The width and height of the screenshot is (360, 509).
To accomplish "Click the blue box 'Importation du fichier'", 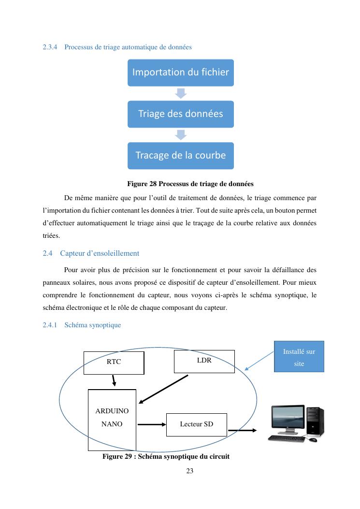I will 180,73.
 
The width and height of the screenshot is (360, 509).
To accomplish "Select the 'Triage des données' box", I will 180,114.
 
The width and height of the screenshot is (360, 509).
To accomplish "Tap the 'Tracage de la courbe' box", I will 180,156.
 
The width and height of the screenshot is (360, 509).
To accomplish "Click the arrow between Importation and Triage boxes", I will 180,93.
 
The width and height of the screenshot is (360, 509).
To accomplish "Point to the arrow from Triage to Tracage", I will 180,135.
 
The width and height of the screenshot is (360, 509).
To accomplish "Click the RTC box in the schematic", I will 114,363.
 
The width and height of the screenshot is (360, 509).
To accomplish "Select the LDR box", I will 204,361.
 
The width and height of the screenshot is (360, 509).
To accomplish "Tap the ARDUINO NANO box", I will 112,419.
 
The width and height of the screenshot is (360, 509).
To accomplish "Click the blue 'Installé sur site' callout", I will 299,357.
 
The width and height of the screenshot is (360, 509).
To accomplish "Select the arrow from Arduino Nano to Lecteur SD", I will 151,425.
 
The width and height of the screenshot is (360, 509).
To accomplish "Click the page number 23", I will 189,471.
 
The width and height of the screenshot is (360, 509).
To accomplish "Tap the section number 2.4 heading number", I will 47,253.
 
